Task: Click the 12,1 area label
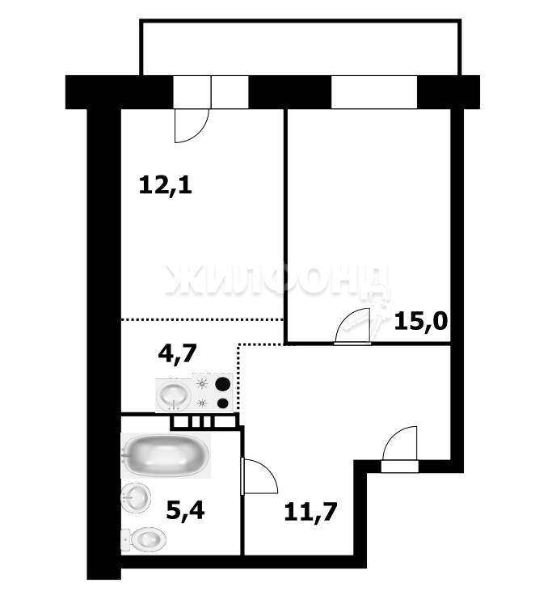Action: pyautogui.click(x=165, y=186)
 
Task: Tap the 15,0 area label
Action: pyautogui.click(x=421, y=321)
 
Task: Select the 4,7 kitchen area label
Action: pyautogui.click(x=178, y=353)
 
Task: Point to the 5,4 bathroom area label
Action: pyautogui.click(x=185, y=510)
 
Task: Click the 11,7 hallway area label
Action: pyautogui.click(x=310, y=512)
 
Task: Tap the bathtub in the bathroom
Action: pyautogui.click(x=166, y=455)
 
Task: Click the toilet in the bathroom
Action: pyautogui.click(x=144, y=539)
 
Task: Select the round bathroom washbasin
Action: pyautogui.click(x=135, y=497)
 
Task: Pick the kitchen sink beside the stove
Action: pyautogui.click(x=173, y=394)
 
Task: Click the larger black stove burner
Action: pyautogui.click(x=223, y=384)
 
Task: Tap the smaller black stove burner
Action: pyautogui.click(x=223, y=403)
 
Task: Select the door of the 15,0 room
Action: pyautogui.click(x=353, y=326)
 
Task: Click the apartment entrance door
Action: pyautogui.click(x=401, y=449)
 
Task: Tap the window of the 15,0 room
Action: pyautogui.click(x=374, y=92)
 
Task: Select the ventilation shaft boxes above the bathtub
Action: pyautogui.click(x=204, y=421)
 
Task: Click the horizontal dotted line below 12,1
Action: pyautogui.click(x=203, y=319)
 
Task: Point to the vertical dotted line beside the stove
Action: pyautogui.click(x=239, y=377)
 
